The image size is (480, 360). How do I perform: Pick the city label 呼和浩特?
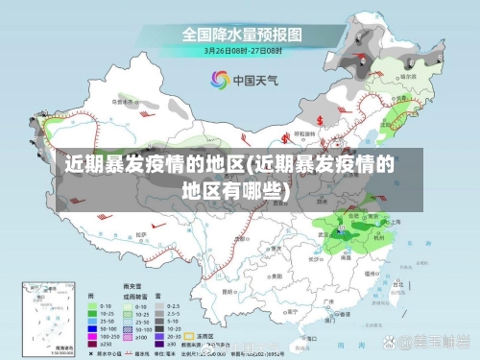tap(304, 134)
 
